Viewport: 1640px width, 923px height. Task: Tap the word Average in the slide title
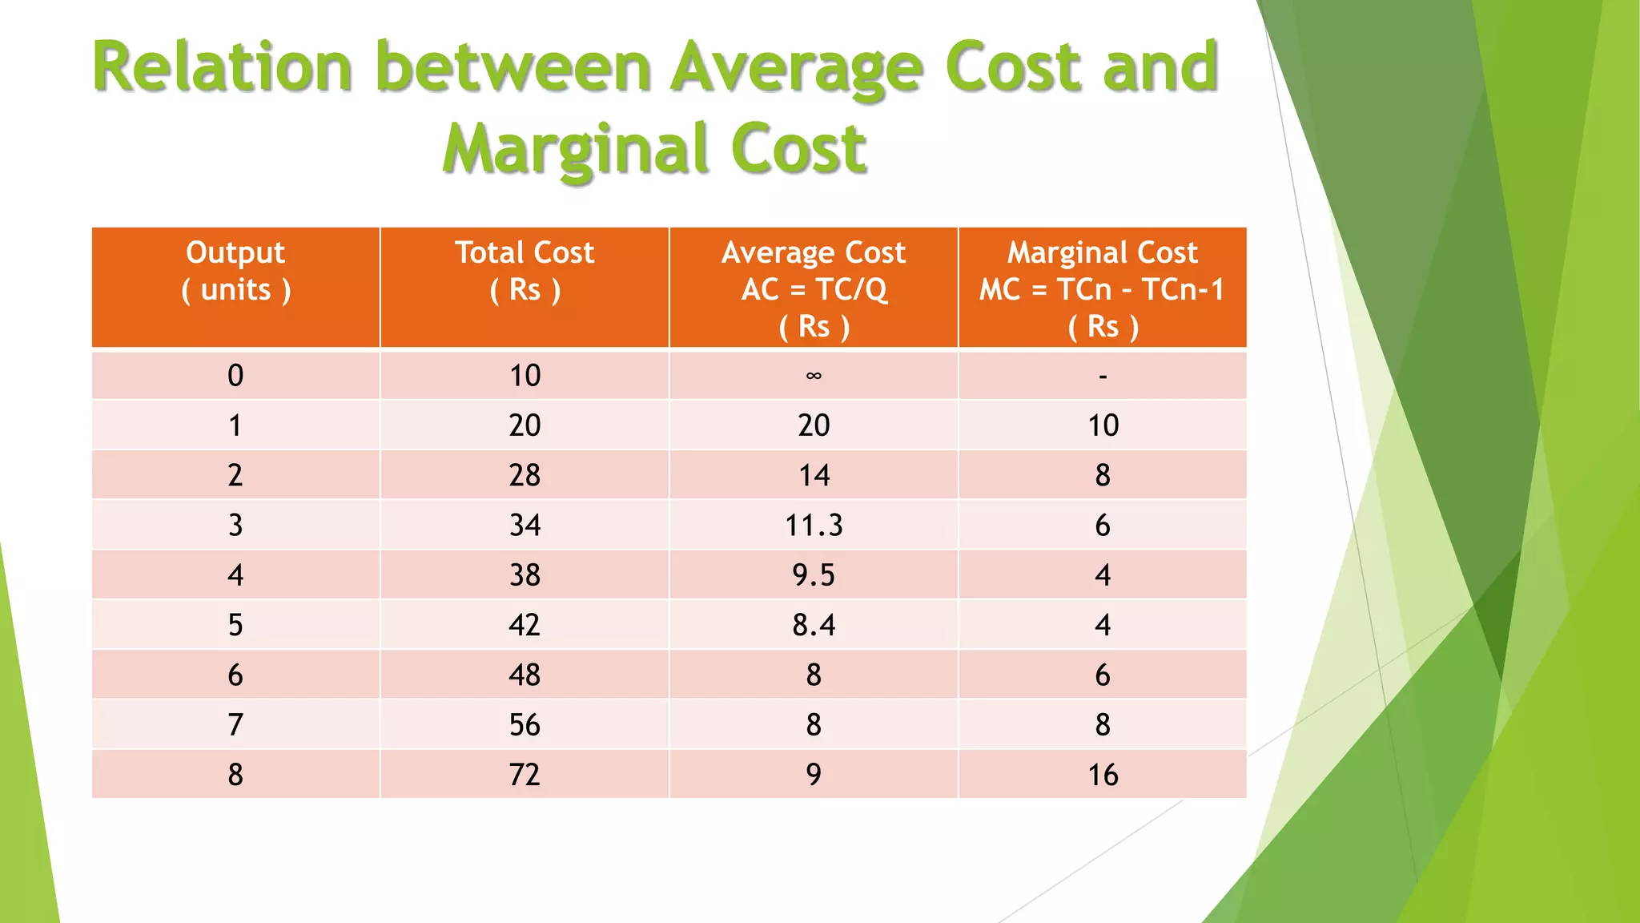[797, 68]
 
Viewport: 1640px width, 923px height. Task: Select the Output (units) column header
[235, 271]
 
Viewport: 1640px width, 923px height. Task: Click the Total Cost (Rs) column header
[525, 271]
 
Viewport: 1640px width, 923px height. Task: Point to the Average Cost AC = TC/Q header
[814, 288]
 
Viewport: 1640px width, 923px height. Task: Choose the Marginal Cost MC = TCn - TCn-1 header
[1103, 288]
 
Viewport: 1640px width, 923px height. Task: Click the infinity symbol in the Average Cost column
[814, 376]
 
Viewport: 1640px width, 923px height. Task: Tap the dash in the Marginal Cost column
[1103, 376]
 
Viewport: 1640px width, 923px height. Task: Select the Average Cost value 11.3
[814, 526]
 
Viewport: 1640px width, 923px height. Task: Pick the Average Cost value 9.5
[814, 575]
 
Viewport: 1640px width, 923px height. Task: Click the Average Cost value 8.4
[814, 625]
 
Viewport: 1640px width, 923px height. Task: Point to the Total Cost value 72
[525, 775]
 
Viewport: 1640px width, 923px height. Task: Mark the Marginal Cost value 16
[1103, 775]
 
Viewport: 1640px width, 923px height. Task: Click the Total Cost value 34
[525, 526]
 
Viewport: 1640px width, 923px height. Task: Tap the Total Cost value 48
[525, 675]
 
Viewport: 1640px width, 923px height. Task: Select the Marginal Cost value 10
[1103, 425]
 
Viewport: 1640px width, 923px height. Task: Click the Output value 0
[235, 376]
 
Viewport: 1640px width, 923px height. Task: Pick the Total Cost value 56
[525, 725]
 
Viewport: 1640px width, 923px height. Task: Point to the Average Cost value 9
[814, 775]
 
